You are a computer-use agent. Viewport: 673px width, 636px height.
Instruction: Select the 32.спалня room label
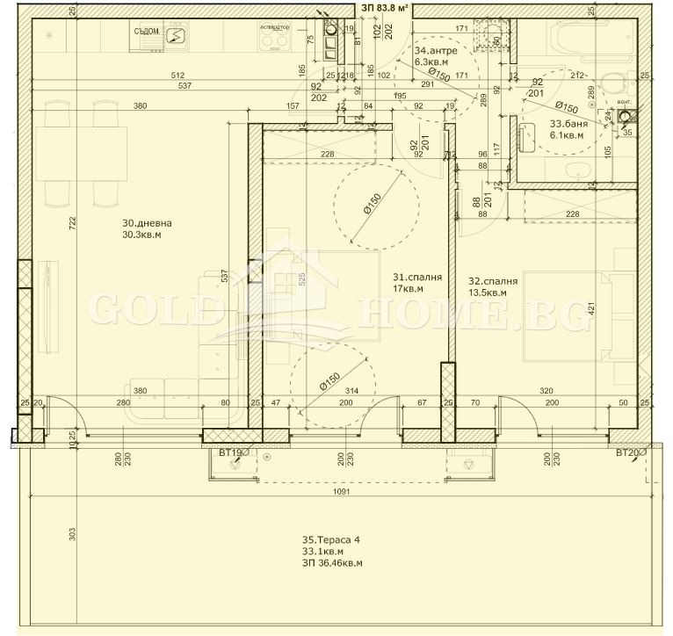pyautogui.click(x=492, y=281)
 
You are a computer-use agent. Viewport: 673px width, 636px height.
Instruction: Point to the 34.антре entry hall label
pyautogui.click(x=434, y=50)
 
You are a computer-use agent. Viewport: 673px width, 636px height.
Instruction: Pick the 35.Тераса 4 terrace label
pyautogui.click(x=330, y=540)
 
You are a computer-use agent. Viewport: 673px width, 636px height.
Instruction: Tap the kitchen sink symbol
pyautogui.click(x=175, y=36)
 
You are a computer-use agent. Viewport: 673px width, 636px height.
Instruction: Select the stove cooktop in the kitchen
pyautogui.click(x=275, y=39)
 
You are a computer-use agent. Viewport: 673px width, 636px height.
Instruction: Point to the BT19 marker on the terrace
pyautogui.click(x=231, y=453)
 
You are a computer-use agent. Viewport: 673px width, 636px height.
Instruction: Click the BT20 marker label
pyautogui.click(x=628, y=453)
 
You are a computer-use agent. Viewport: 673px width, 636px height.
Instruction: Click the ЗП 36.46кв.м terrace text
pyautogui.click(x=332, y=563)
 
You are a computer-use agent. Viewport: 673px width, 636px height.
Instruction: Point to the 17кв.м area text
pyautogui.click(x=408, y=288)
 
